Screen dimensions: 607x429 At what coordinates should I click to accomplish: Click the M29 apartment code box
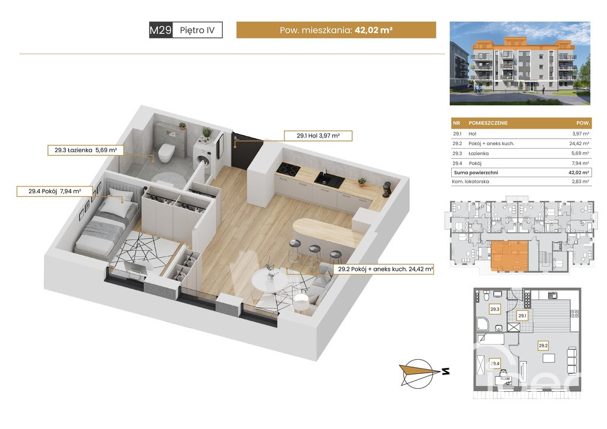[x=161, y=30]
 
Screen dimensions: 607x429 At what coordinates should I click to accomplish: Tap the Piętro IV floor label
[x=197, y=30]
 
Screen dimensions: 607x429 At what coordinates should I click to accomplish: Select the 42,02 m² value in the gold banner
[x=373, y=30]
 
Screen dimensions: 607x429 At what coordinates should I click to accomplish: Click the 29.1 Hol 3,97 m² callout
[x=318, y=136]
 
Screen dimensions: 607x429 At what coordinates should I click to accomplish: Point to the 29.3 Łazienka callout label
[x=85, y=150]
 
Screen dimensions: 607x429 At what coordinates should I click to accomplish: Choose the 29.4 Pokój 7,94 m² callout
[x=55, y=191]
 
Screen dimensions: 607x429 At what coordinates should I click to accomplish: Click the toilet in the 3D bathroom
[x=166, y=152]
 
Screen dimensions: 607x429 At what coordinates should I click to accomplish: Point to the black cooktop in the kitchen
[x=289, y=168]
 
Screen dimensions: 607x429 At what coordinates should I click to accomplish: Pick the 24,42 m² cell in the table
[x=579, y=143]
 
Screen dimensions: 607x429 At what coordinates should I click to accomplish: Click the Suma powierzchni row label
[x=476, y=172]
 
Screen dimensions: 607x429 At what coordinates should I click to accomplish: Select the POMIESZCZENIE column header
[x=488, y=123]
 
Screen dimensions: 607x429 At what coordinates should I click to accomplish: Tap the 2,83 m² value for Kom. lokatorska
[x=580, y=181]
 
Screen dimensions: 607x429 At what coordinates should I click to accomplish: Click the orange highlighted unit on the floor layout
[x=509, y=255]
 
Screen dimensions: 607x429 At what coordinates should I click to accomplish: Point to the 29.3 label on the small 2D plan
[x=495, y=309]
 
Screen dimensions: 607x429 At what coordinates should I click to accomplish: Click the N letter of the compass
[x=446, y=372]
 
